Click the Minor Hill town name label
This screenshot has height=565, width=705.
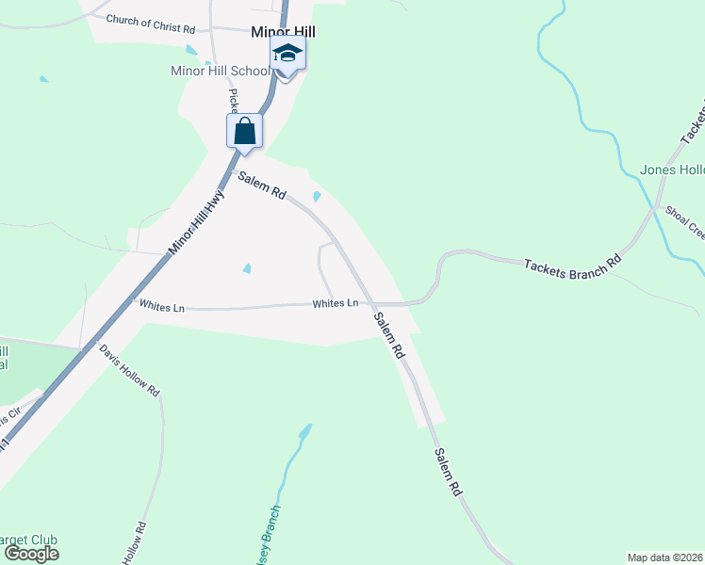coord(283,32)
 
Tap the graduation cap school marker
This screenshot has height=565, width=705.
coord(287,55)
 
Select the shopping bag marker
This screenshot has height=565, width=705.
coord(244,131)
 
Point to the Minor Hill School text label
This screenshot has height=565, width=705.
coord(220,71)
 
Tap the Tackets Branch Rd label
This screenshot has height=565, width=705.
coord(572,261)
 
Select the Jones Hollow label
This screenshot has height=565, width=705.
coord(672,170)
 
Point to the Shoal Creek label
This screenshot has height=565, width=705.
coord(684,223)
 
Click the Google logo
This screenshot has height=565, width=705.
coord(31,553)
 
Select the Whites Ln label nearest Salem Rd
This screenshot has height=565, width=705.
coord(336,303)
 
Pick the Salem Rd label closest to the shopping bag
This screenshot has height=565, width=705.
coord(261,185)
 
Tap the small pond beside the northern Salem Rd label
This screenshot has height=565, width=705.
coord(317,197)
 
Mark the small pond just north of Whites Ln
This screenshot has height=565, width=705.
coord(247,268)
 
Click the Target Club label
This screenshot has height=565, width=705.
coord(28,540)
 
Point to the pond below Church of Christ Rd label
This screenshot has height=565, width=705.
coord(191,49)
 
